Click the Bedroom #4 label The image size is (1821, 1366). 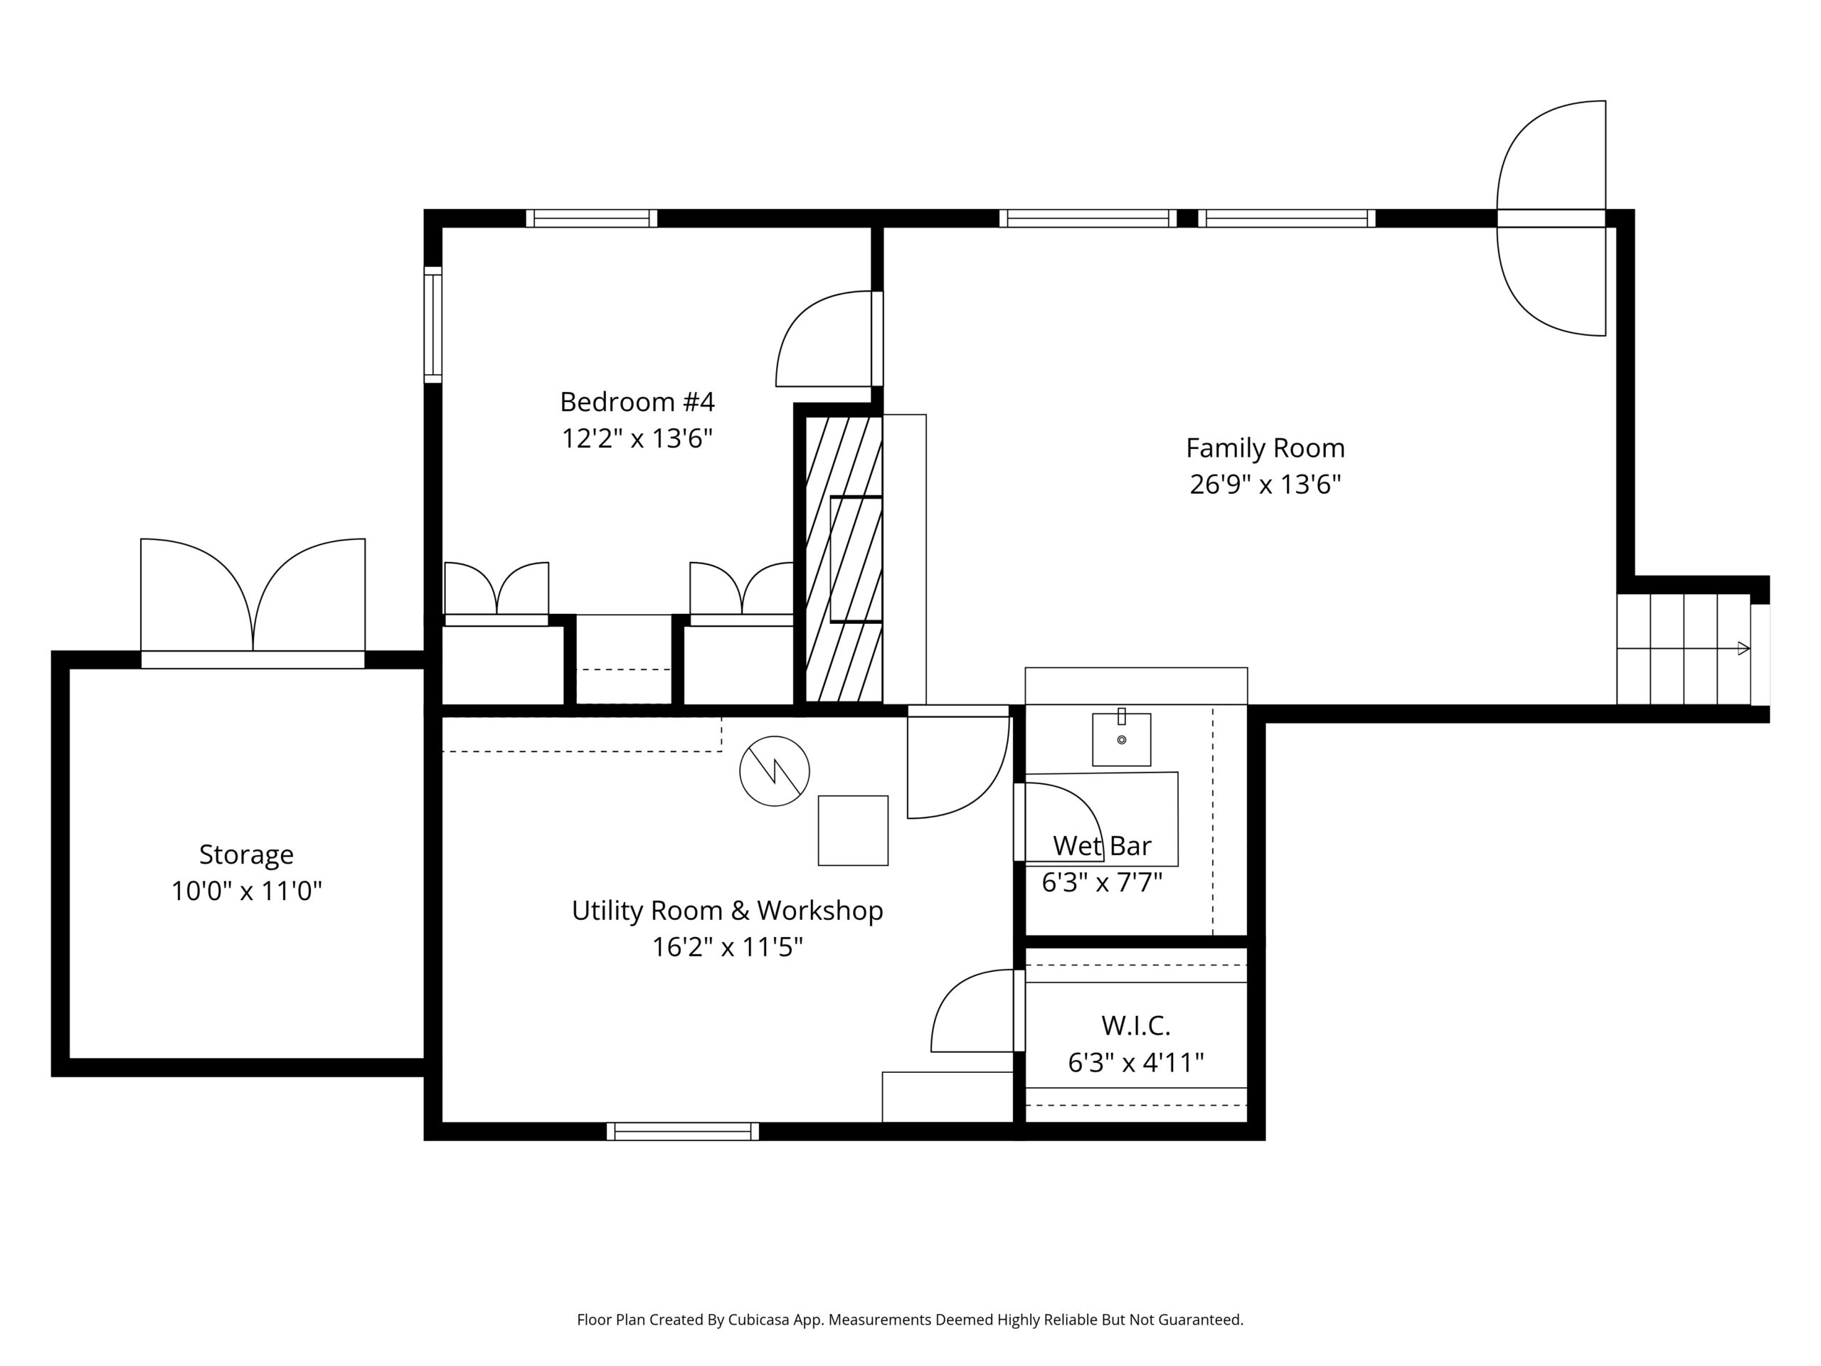coord(637,402)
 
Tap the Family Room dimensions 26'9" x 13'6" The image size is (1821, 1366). coord(1265,485)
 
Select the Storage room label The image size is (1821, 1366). coord(246,854)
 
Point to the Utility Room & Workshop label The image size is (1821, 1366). coord(727,910)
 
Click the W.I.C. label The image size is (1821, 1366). coord(1136,1025)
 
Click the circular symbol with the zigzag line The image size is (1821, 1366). coord(775,771)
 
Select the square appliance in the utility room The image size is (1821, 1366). coord(853,830)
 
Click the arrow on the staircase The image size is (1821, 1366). coord(1684,648)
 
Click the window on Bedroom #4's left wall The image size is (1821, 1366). coord(433,324)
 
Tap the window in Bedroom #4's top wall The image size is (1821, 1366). coord(592,218)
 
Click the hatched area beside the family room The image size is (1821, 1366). coord(844,559)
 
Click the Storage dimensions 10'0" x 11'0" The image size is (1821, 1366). coord(246,891)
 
